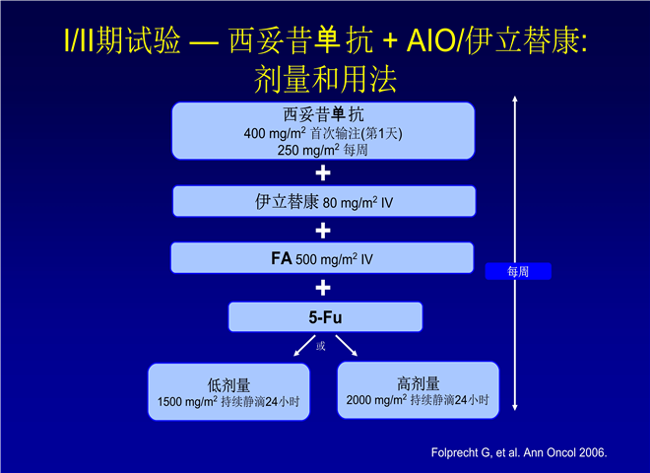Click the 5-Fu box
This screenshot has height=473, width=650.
(325, 317)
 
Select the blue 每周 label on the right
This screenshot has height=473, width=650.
(518, 271)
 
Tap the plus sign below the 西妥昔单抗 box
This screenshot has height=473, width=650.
(323, 173)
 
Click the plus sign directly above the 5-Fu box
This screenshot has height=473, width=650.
(323, 288)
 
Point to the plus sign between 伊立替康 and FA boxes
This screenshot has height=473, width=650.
(323, 231)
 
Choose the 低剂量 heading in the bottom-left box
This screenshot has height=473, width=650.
(228, 385)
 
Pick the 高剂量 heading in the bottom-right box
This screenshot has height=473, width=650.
(419, 383)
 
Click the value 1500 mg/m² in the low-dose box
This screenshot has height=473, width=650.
(187, 402)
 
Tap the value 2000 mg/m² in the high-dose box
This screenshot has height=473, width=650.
(376, 400)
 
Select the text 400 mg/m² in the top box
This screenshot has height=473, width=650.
(275, 134)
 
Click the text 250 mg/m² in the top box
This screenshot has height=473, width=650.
(308, 150)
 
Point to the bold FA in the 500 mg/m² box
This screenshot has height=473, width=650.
(282, 258)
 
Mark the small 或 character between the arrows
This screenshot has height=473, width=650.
(320, 346)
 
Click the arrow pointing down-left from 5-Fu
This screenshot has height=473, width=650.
(304, 346)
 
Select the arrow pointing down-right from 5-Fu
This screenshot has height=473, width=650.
(346, 346)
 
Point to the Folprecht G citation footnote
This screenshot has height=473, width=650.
(519, 452)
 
